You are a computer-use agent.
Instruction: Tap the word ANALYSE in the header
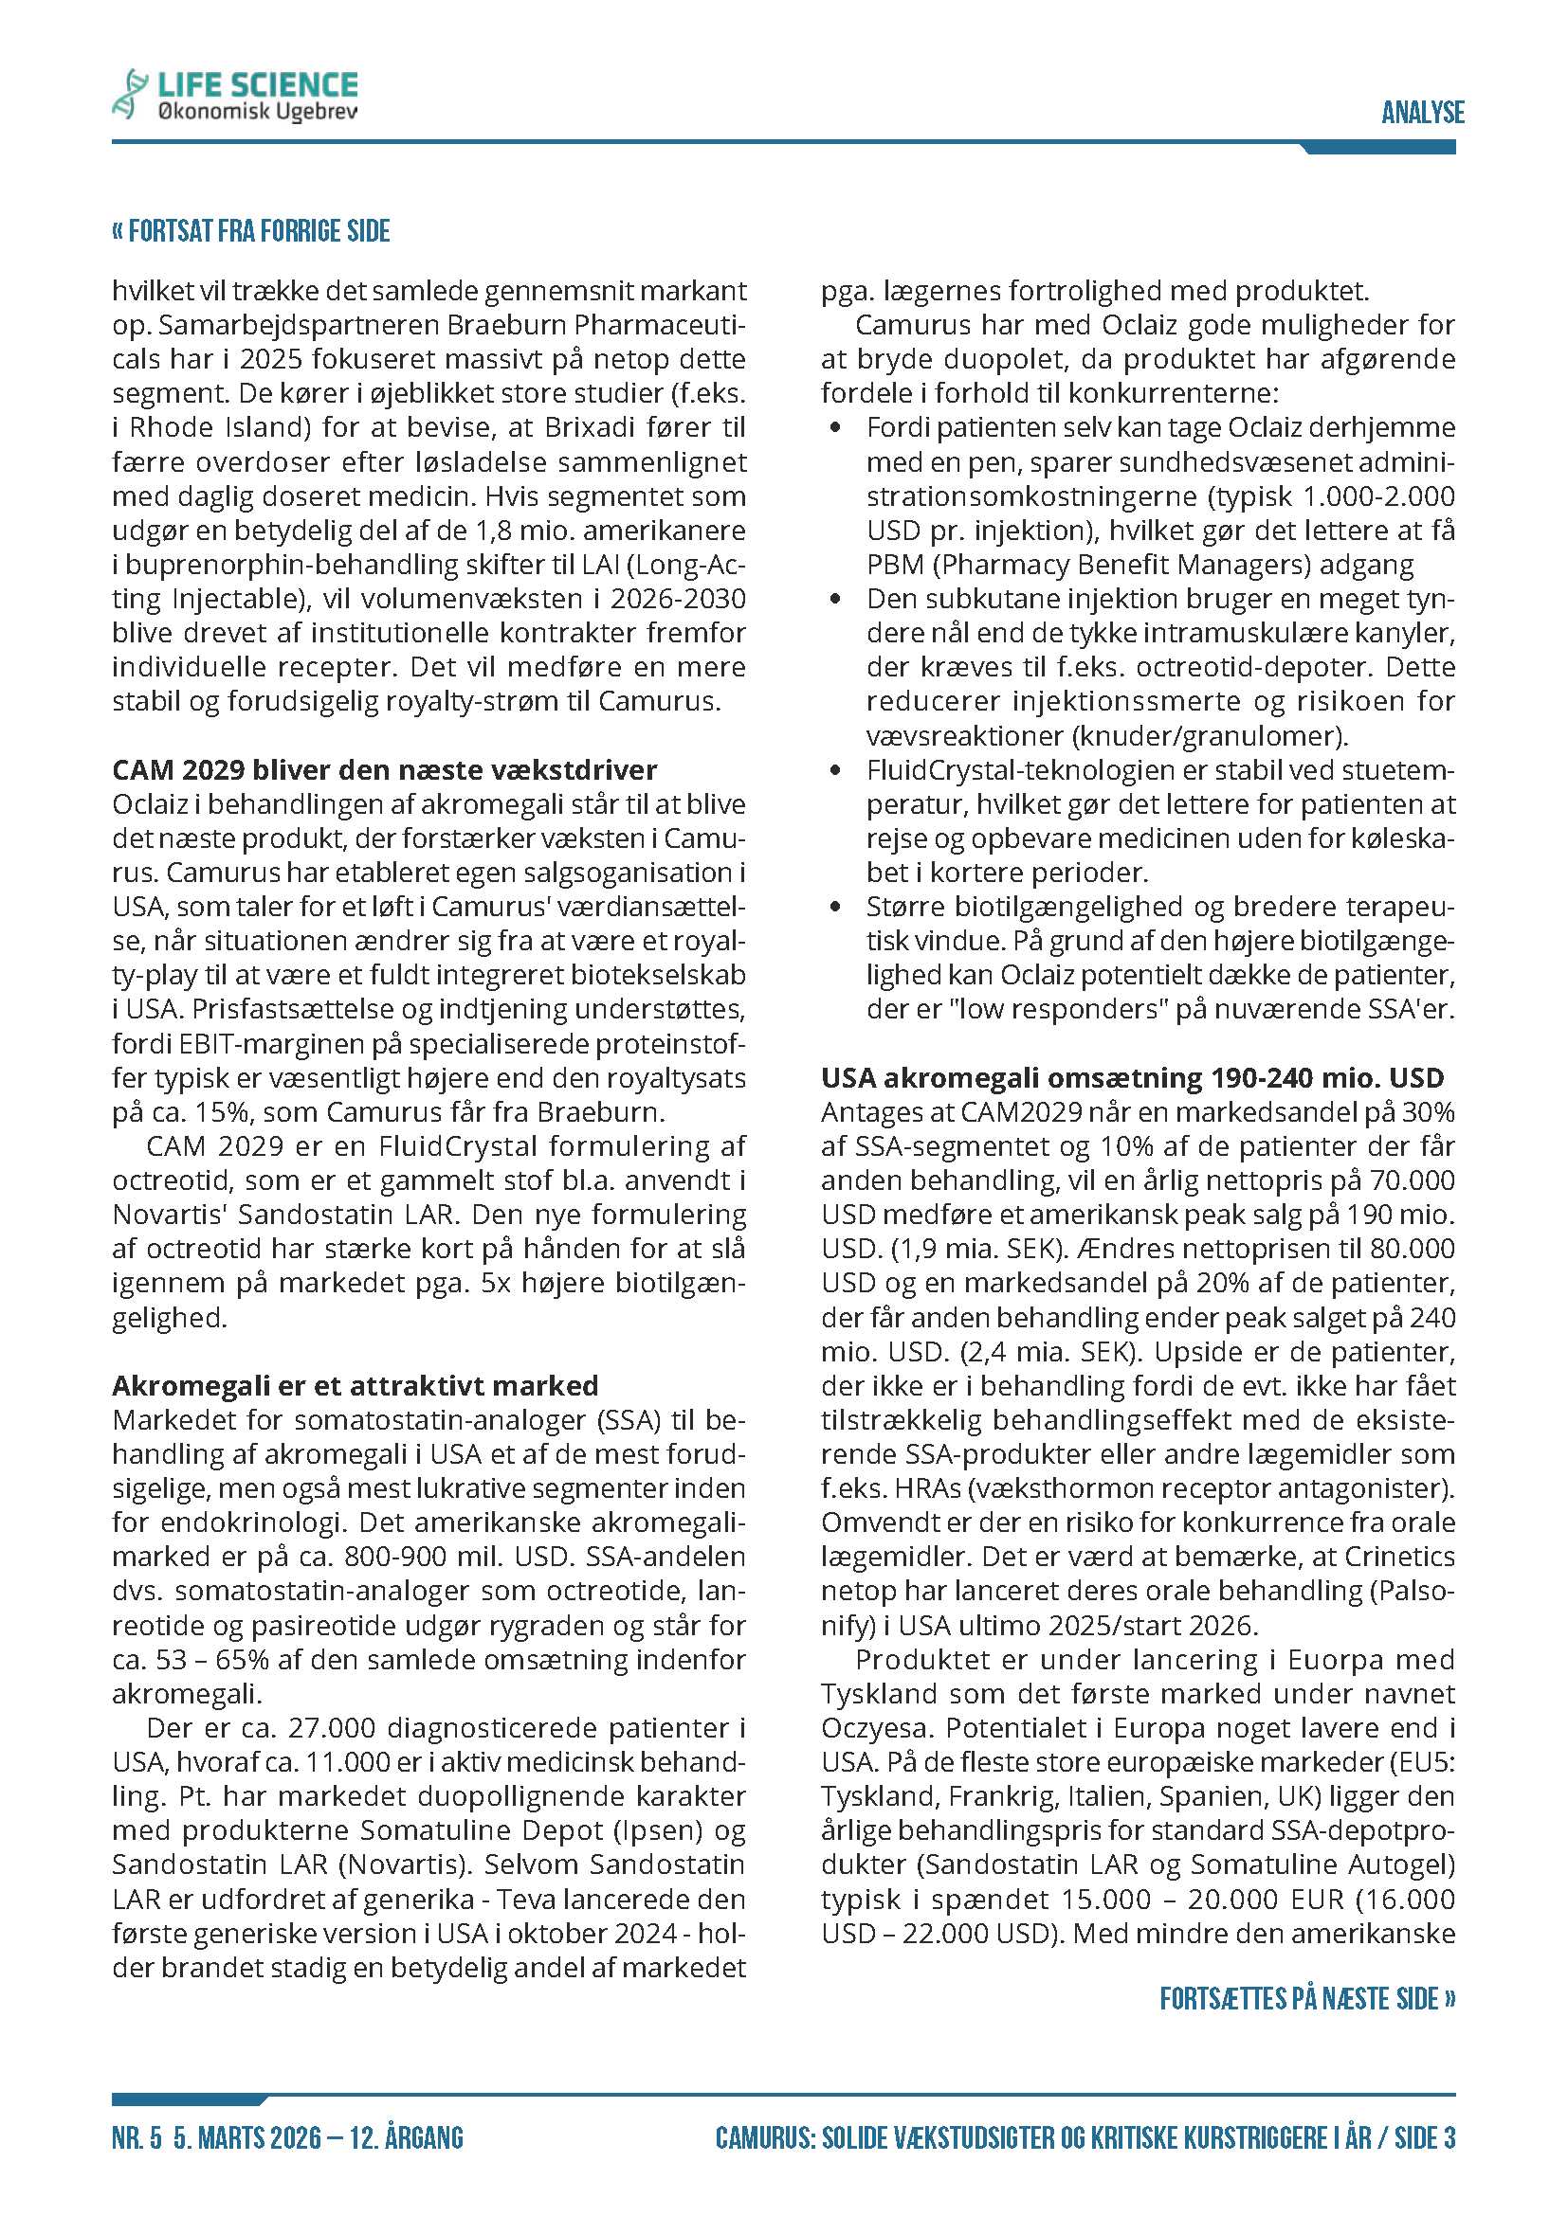click(x=1422, y=113)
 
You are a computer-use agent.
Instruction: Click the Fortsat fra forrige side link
click(x=251, y=231)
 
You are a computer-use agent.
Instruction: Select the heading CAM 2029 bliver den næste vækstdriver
click(x=384, y=769)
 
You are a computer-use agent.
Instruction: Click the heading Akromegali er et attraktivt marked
click(x=355, y=1385)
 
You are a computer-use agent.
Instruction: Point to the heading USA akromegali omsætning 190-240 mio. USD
click(x=1132, y=1077)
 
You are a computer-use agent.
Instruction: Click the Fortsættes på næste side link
click(x=1306, y=1998)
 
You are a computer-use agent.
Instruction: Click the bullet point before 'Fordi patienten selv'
click(x=835, y=427)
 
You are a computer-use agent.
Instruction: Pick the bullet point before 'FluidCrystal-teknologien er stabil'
click(x=835, y=770)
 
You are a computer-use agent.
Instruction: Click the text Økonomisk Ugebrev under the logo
click(x=257, y=113)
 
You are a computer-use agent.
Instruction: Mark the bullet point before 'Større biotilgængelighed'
click(x=835, y=908)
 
